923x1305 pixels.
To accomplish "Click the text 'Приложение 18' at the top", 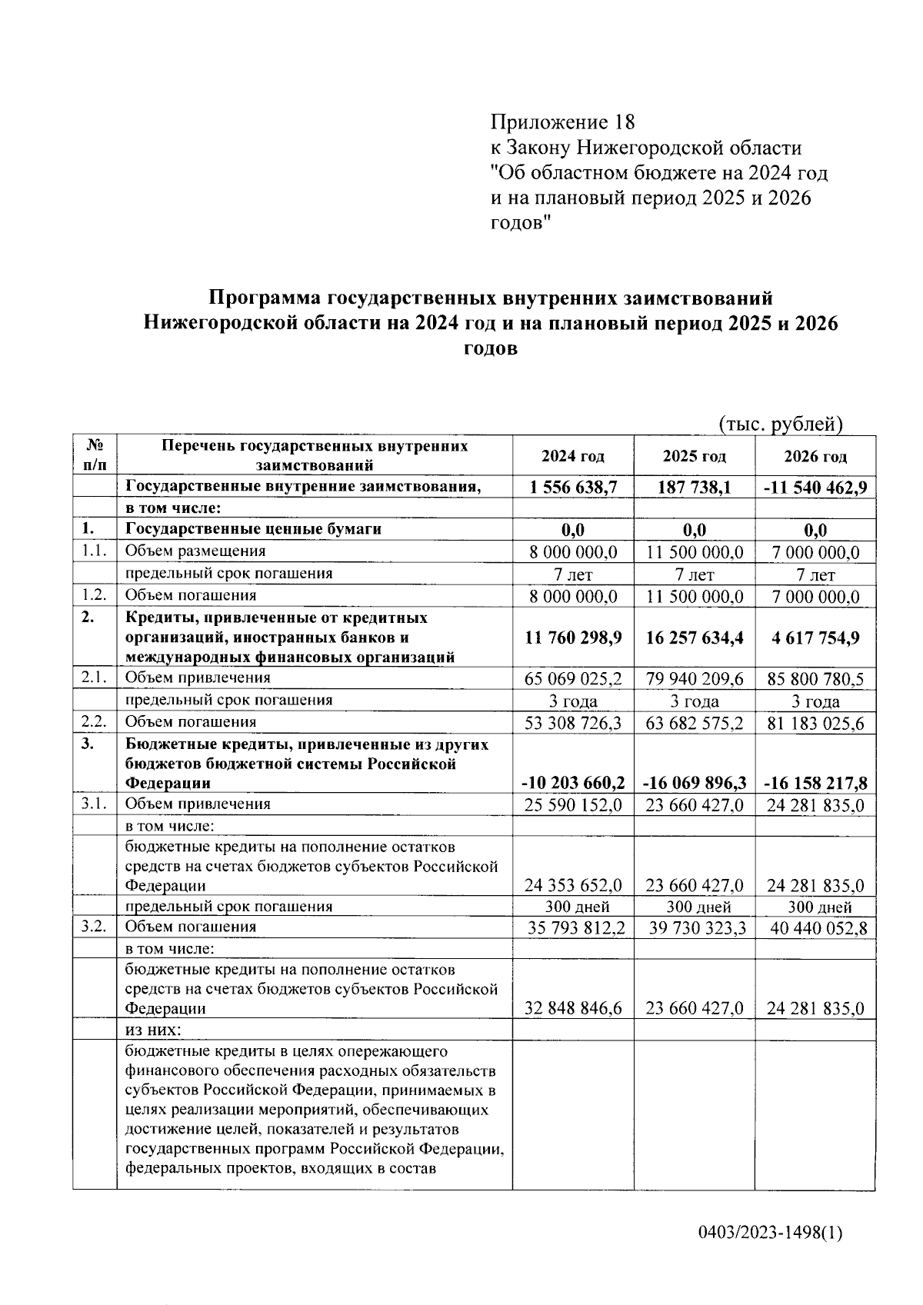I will click(x=563, y=122).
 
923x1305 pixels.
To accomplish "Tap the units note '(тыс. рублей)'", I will click(x=781, y=424).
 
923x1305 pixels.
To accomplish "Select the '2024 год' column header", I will click(x=572, y=456).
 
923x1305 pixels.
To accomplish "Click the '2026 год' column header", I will click(x=815, y=456).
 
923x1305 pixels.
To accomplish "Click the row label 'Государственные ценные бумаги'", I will click(x=253, y=529).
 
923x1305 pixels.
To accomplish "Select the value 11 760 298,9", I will click(x=573, y=638).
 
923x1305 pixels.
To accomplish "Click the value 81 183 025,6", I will click(x=815, y=724).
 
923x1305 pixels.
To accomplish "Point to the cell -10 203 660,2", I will click(x=573, y=784).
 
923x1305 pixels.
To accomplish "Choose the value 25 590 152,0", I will click(x=573, y=805).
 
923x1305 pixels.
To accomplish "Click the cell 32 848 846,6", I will click(x=573, y=1008).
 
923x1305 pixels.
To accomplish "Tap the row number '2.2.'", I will click(x=94, y=721).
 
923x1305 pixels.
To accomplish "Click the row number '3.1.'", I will click(x=94, y=804).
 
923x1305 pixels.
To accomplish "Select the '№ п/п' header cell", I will click(x=95, y=455).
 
